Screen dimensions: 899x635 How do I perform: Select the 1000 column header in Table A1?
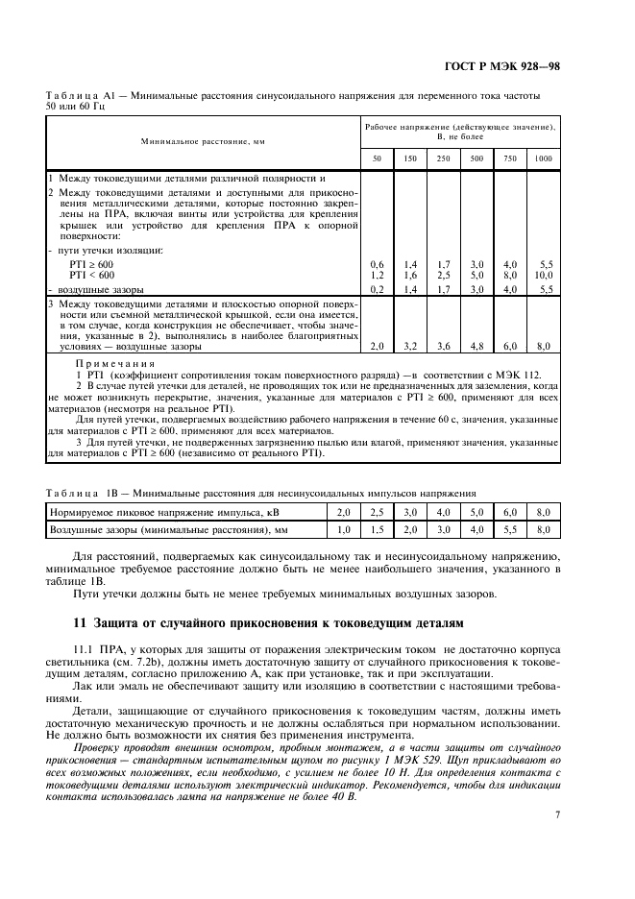click(544, 158)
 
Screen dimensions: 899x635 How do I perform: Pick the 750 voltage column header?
click(510, 158)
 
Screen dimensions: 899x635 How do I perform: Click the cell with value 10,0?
click(544, 274)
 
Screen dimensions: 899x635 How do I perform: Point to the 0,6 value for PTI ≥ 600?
click(377, 264)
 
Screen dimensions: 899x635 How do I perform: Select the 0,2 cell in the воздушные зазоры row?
click(377, 288)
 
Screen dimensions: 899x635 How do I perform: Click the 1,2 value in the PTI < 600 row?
click(377, 274)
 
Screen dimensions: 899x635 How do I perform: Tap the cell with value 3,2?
click(410, 346)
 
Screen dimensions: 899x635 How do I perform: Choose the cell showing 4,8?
click(476, 346)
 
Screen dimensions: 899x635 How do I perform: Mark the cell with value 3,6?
click(443, 346)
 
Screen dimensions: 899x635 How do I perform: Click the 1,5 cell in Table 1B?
click(378, 529)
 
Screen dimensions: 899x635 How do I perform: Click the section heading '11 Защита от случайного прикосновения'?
click(270, 624)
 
